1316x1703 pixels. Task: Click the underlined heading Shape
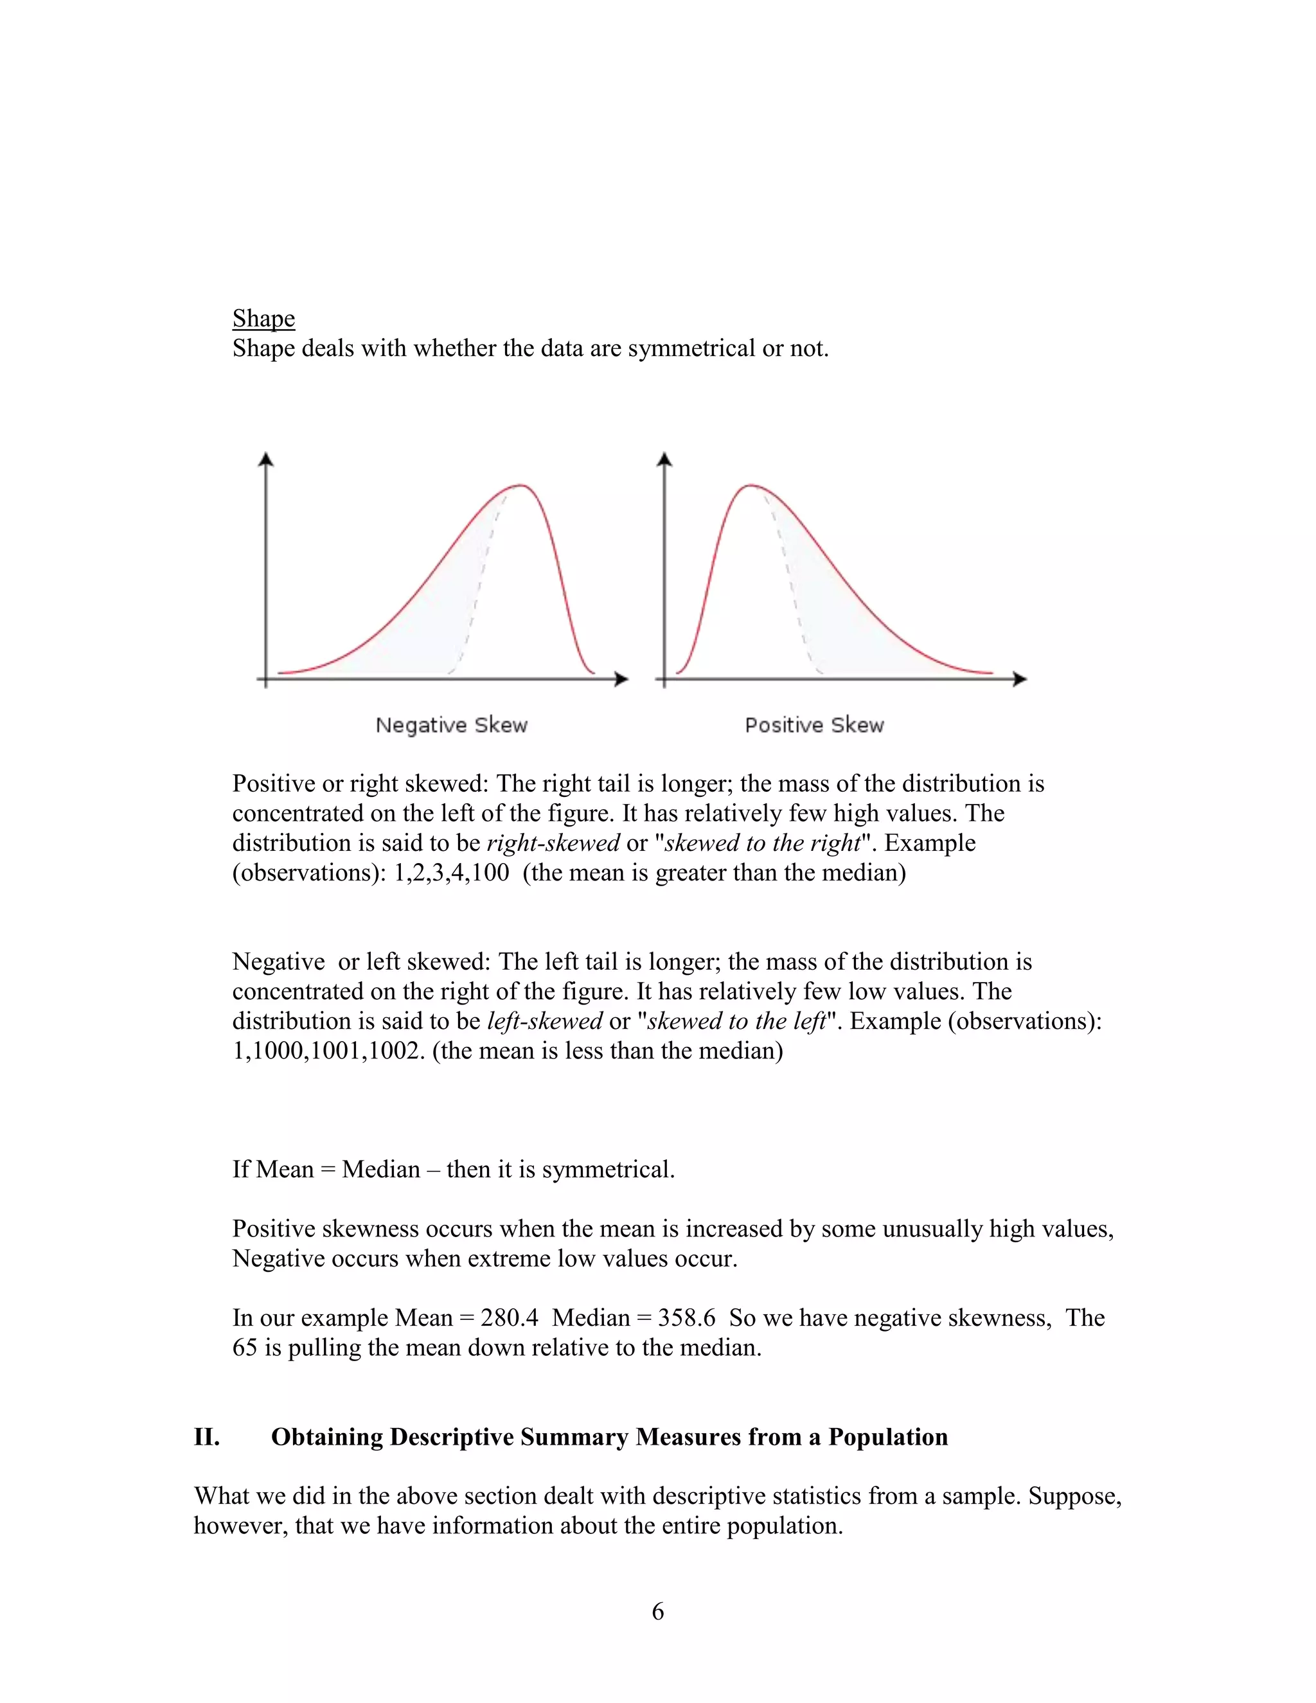tap(263, 318)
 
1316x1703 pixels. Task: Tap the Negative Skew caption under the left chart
tap(451, 725)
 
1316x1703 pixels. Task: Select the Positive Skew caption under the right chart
tap(814, 725)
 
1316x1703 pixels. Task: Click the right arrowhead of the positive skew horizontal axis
tap(1020, 679)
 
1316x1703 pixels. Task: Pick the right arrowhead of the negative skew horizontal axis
tap(621, 679)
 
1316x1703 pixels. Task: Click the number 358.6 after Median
tap(686, 1318)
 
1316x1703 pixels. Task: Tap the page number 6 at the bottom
tap(658, 1611)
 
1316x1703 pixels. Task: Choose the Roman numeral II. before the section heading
tap(207, 1437)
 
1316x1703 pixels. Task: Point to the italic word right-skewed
tap(553, 843)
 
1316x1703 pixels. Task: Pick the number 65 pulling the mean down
tap(245, 1348)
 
